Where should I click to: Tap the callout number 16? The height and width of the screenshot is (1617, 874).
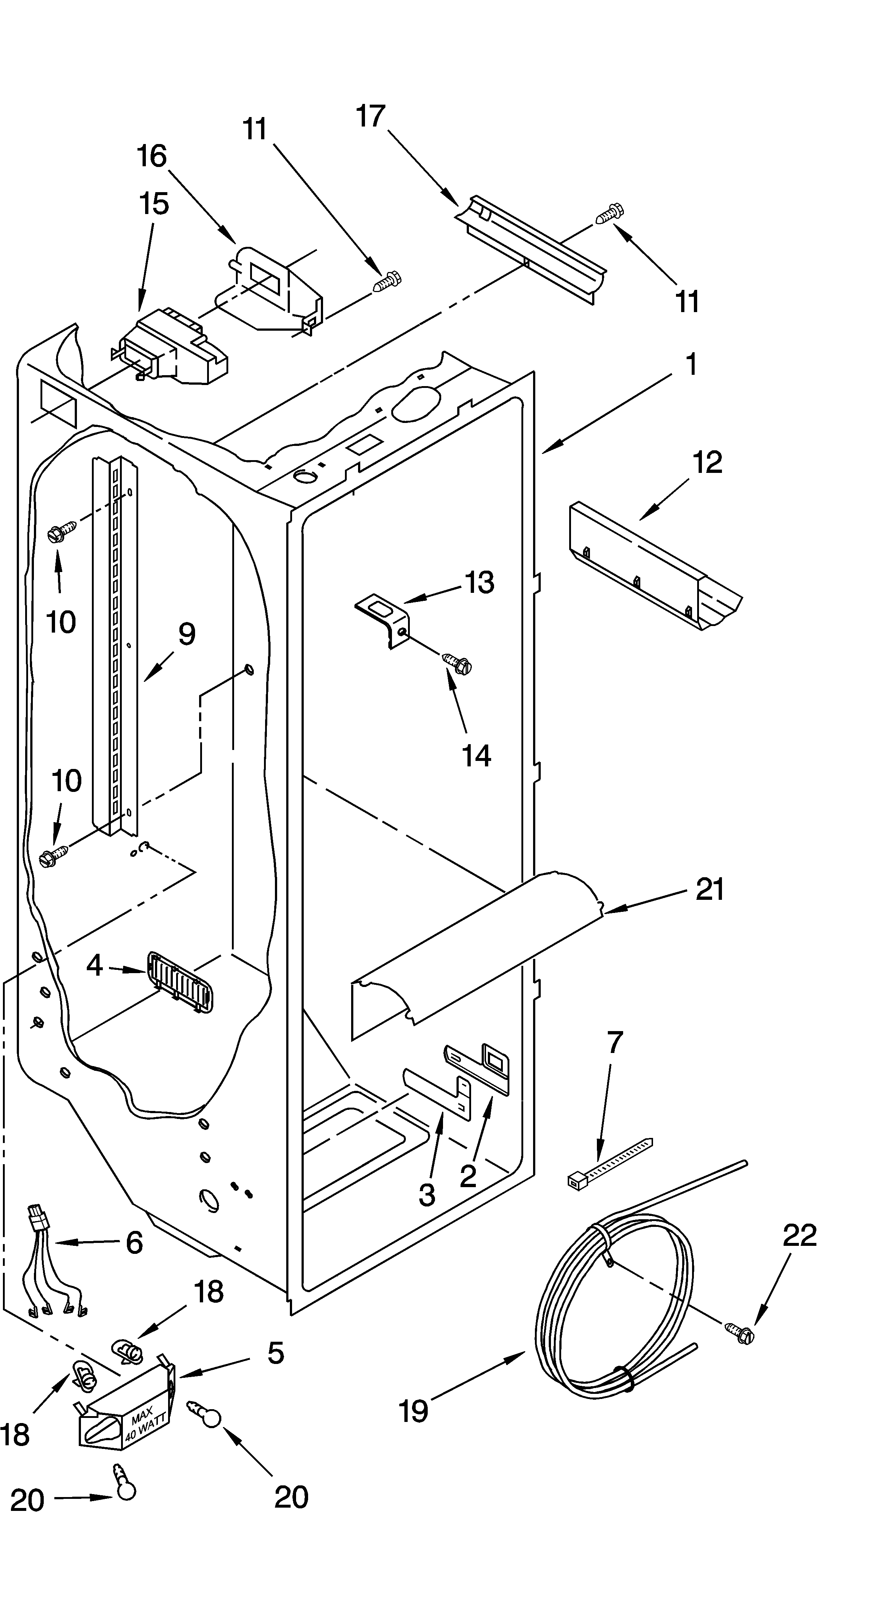pyautogui.click(x=152, y=156)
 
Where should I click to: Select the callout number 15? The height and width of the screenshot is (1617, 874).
pyautogui.click(x=154, y=204)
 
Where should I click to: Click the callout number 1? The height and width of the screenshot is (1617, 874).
pyautogui.click(x=691, y=365)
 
